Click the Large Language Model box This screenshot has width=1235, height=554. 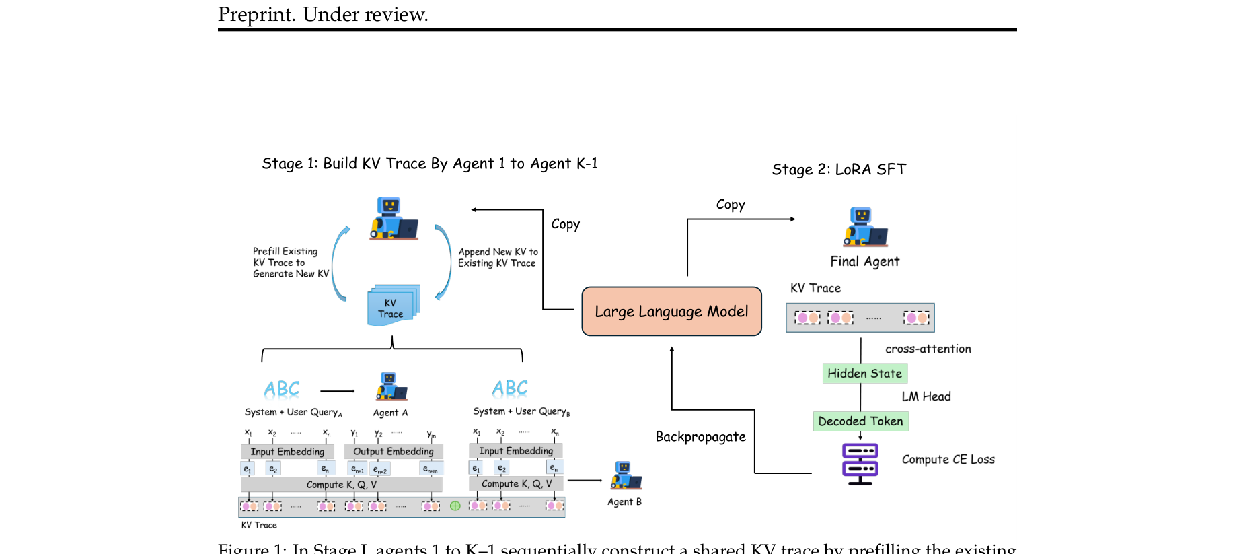pyautogui.click(x=671, y=311)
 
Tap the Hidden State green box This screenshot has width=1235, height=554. pyautogui.click(x=864, y=374)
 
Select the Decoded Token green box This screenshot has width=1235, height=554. pyautogui.click(x=860, y=421)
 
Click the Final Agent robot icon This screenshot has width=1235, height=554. pyautogui.click(x=865, y=227)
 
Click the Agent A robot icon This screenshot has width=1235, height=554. pyautogui.click(x=391, y=386)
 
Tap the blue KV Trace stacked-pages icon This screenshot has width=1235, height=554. pyautogui.click(x=394, y=306)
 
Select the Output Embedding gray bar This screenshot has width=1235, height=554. pyautogui.click(x=394, y=452)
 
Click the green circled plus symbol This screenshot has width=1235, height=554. pyautogui.click(x=455, y=506)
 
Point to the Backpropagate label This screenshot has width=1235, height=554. pyautogui.click(x=700, y=437)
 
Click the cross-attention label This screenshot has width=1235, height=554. pyautogui.click(x=928, y=349)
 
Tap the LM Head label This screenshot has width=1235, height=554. pyautogui.click(x=926, y=396)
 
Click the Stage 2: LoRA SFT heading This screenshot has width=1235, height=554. pyautogui.click(x=839, y=170)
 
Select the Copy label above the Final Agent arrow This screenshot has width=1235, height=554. pyautogui.click(x=730, y=205)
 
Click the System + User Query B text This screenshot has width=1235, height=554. pyautogui.click(x=521, y=411)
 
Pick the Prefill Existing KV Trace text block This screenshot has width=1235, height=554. pyautogui.click(x=290, y=263)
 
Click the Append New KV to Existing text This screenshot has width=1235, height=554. pyautogui.click(x=498, y=258)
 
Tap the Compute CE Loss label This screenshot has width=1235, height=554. pyautogui.click(x=948, y=460)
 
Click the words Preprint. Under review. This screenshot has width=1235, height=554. pyautogui.click(x=323, y=14)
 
